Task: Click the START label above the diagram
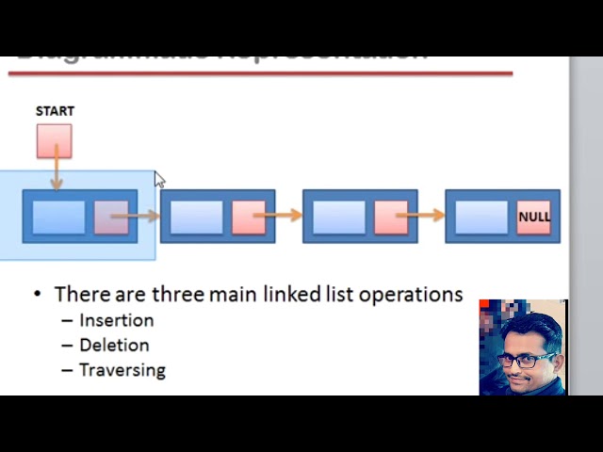tap(55, 111)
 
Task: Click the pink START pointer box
tap(54, 141)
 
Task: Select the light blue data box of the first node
tap(58, 217)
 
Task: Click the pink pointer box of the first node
tap(110, 217)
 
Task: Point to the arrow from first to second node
tap(143, 217)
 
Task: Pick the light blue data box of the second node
tap(197, 217)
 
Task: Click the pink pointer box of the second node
tap(249, 217)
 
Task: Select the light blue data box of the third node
tap(339, 217)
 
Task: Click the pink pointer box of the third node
tap(391, 217)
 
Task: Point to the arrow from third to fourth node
tap(426, 217)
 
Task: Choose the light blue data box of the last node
tap(481, 217)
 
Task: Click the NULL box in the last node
tap(534, 217)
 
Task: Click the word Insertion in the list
tap(116, 320)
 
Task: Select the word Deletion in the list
tap(114, 346)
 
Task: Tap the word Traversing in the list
tap(122, 370)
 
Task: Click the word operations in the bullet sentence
tap(416, 295)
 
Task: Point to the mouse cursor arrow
tap(159, 180)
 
